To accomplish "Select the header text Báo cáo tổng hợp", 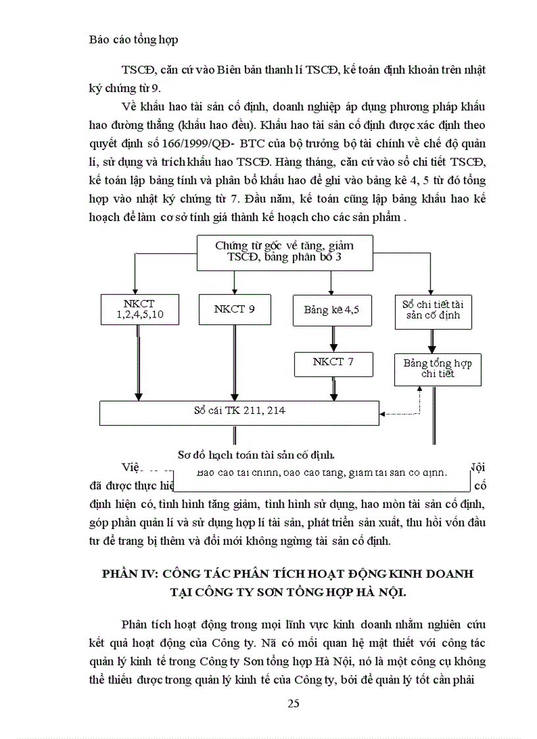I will tap(134, 39).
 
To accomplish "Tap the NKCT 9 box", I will tap(234, 309).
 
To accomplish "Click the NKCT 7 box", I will tap(333, 363).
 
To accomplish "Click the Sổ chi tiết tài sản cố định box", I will tap(432, 310).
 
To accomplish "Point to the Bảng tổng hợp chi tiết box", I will tap(437, 369).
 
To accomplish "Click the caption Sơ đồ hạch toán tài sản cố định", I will tap(257, 454).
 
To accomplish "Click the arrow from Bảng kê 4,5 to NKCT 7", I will tap(333, 339).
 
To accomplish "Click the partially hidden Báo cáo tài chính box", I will tap(322, 477).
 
